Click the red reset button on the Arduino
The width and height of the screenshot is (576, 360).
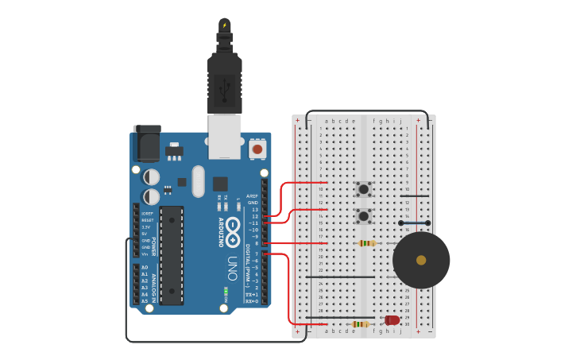point(257,149)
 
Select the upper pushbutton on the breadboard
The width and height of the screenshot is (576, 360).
point(364,189)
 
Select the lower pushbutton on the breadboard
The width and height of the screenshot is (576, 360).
point(364,215)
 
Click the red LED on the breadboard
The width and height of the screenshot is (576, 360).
point(392,320)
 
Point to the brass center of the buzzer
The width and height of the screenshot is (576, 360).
point(421,260)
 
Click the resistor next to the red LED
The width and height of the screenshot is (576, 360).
point(361,324)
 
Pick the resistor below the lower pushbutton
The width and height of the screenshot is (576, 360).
point(366,243)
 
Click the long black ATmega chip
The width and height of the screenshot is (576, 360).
point(171,255)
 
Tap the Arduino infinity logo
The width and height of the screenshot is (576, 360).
point(232,230)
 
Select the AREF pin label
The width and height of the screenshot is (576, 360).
point(253,195)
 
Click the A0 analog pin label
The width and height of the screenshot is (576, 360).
point(145,267)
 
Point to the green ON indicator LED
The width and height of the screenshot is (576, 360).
point(226,292)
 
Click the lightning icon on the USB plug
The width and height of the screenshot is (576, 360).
point(225,25)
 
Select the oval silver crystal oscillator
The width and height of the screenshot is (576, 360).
point(198,180)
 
